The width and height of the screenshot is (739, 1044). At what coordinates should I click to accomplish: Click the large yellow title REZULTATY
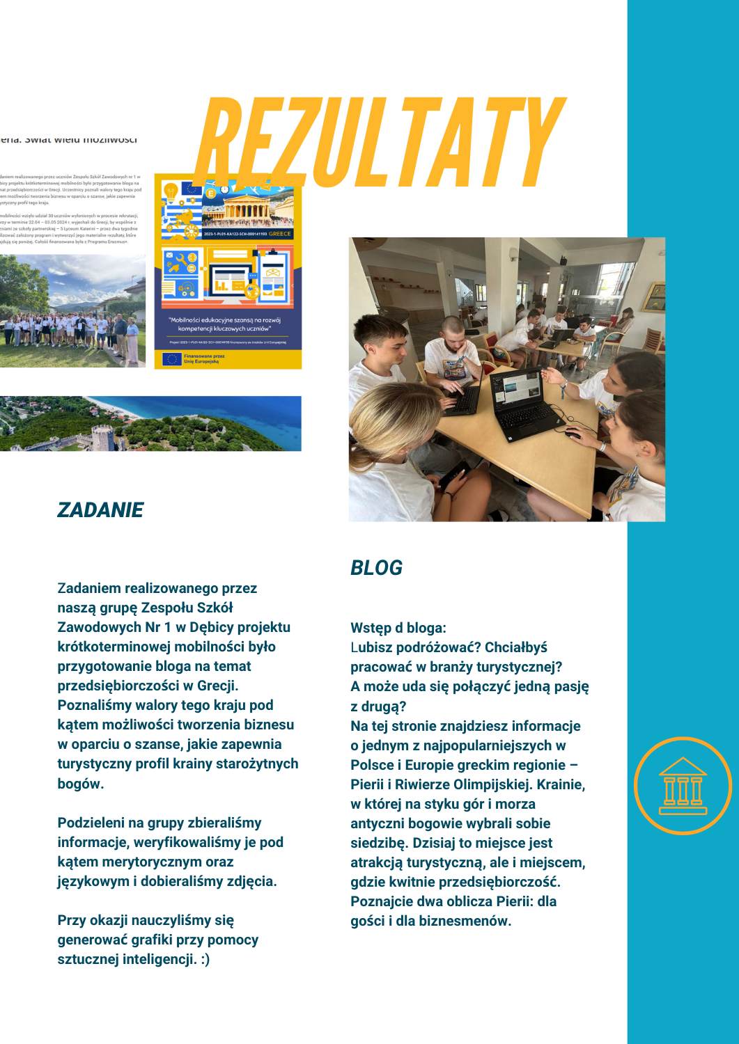(380, 143)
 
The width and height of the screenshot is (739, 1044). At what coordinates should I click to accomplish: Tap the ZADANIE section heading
(100, 510)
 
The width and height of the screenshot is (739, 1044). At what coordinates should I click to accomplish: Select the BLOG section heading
(376, 568)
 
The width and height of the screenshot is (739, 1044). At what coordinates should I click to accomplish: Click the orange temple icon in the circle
(683, 785)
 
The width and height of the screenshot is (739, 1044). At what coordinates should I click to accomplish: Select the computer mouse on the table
(573, 434)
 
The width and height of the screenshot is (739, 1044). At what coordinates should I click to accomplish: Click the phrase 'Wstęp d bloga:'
(398, 628)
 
